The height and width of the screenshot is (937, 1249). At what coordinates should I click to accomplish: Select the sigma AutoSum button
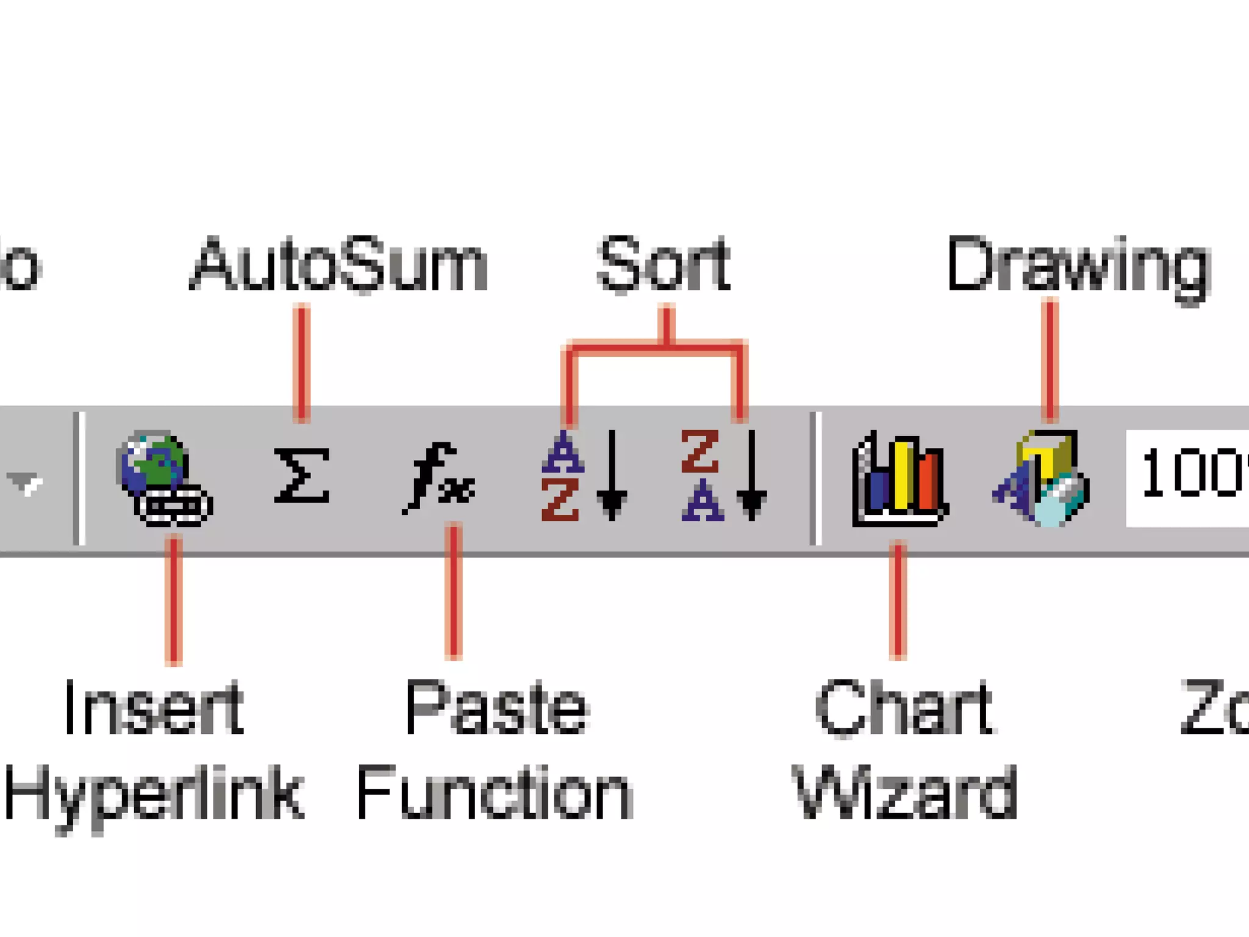[x=301, y=476]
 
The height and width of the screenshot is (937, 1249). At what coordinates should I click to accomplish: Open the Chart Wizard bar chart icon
[x=899, y=479]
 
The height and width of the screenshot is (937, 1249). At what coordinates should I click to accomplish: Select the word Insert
[x=154, y=708]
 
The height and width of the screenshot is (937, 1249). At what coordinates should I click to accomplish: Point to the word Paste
[x=496, y=708]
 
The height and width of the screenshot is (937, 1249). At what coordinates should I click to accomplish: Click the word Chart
[x=905, y=708]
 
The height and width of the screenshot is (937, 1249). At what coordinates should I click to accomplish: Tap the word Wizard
[x=905, y=793]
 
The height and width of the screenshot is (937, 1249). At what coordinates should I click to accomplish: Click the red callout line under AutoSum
[x=301, y=364]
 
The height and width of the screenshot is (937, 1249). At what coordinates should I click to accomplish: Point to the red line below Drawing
[x=1050, y=360]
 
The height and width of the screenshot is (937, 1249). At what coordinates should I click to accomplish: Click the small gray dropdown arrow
[x=24, y=482]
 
